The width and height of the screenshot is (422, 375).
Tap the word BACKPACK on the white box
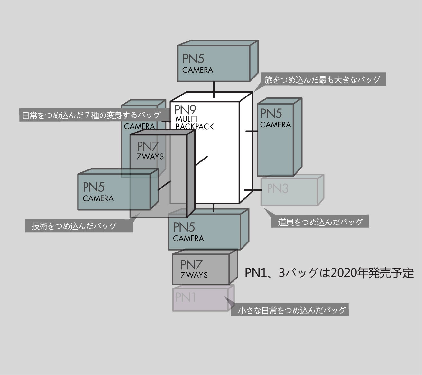194,126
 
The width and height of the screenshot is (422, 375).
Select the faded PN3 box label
278,188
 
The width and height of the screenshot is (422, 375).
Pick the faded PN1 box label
186,297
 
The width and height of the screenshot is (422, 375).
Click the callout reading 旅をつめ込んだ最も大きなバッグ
322,79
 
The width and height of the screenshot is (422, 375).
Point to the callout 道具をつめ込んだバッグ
320,222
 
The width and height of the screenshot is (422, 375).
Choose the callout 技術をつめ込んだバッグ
74,226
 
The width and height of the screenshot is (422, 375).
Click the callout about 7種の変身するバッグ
91,115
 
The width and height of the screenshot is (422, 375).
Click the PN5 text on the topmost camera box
194,59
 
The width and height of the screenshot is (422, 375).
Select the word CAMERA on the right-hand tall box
275,125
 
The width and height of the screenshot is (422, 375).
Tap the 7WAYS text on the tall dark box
150,157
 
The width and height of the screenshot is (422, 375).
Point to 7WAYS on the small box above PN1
194,275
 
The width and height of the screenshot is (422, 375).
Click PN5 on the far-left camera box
94,187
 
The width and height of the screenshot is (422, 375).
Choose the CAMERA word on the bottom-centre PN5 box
188,239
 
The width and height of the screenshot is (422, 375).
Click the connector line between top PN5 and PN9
214,89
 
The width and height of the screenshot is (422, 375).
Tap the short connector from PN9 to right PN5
252,131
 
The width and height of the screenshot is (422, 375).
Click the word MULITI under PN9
187,119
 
